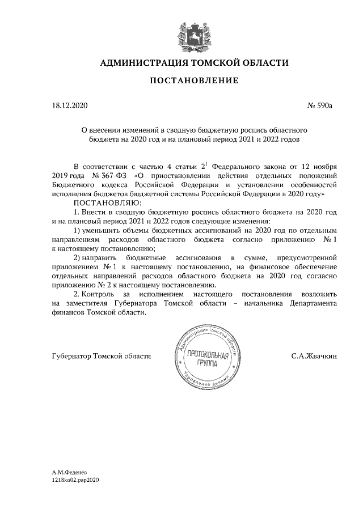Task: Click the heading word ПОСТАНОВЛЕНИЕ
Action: [193, 80]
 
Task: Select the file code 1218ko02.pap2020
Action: [75, 480]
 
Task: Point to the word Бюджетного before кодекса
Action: [74, 184]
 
